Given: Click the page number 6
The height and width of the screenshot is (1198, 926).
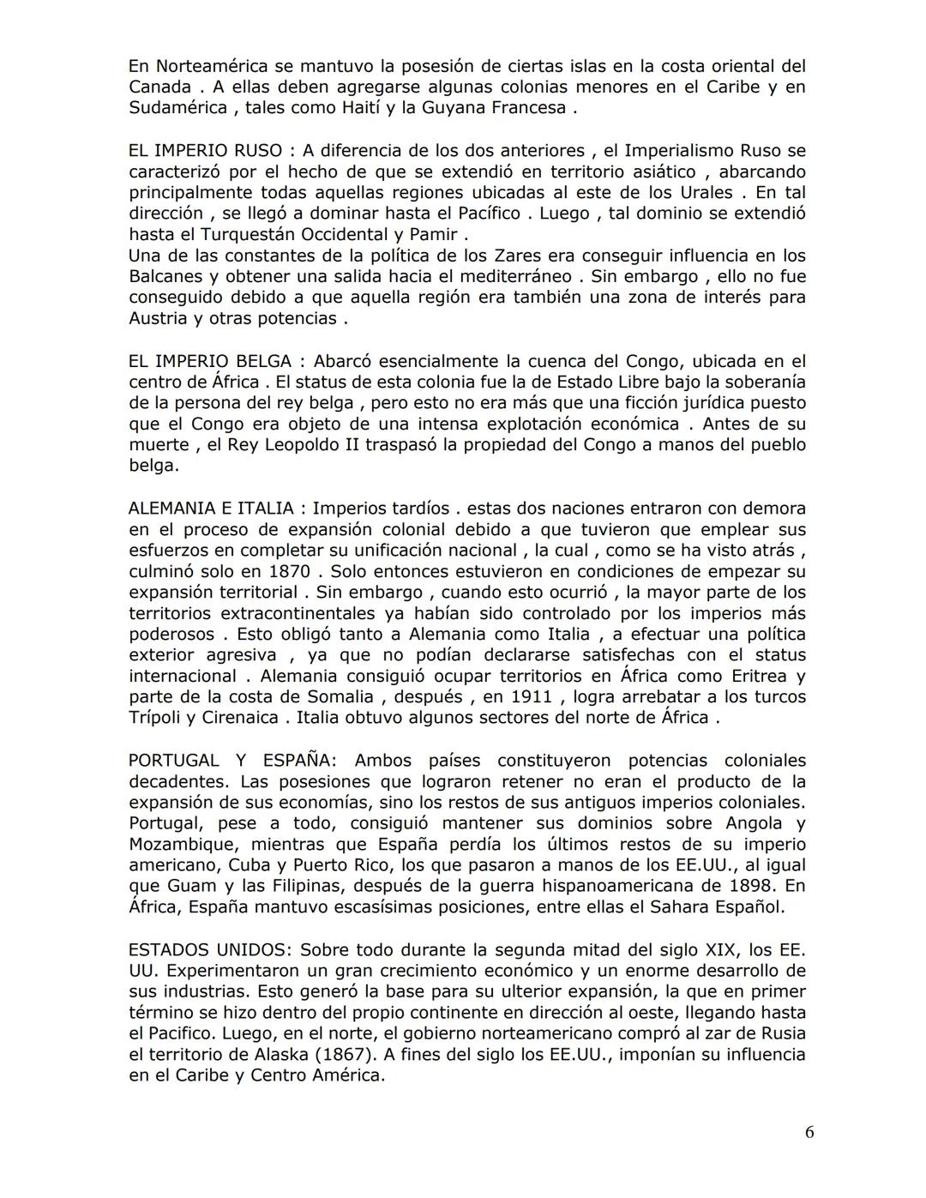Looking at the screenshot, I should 809,1132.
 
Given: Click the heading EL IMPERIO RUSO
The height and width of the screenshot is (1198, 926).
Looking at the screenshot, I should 205,151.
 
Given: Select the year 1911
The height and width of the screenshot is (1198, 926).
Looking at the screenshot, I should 530,697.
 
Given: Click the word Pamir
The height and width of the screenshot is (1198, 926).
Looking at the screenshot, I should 431,234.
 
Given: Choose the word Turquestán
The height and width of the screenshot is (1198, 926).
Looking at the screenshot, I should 246,234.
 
